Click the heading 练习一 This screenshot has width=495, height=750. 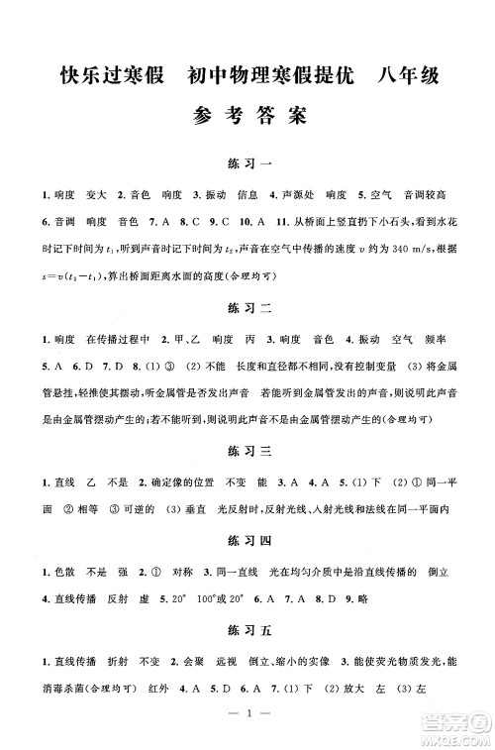(x=247, y=161)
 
